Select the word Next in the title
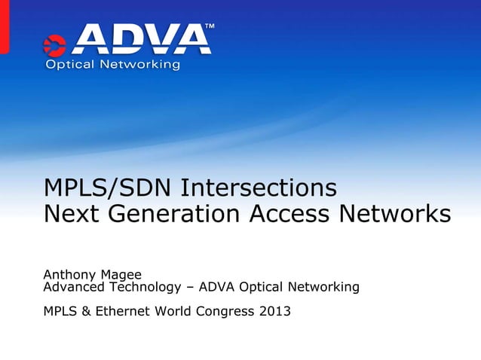(71, 215)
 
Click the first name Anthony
(69, 276)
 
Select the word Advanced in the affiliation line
(74, 287)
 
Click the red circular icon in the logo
(56, 45)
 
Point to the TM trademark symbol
(210, 27)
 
